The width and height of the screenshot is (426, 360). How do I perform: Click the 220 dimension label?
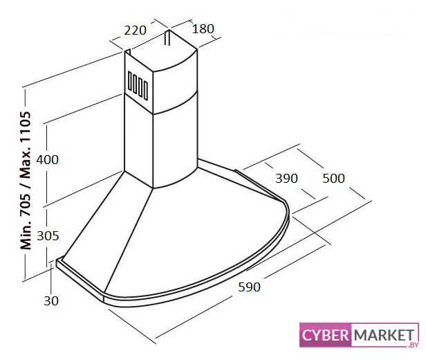[135, 30]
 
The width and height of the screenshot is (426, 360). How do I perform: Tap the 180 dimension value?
[203, 29]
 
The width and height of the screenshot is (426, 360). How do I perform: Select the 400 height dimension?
[47, 160]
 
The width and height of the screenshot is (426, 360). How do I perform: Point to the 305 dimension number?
[48, 236]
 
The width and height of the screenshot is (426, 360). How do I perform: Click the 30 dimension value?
[51, 300]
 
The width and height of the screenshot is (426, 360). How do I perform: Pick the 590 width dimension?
[249, 287]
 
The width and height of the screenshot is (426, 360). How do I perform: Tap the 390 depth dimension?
[286, 179]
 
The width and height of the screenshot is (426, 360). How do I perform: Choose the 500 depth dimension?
[333, 179]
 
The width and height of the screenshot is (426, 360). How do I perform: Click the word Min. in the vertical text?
[26, 235]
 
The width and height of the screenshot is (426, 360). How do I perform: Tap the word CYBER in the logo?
[325, 335]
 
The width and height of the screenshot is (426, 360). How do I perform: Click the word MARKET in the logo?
[385, 335]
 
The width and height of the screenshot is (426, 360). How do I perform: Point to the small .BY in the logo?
[413, 345]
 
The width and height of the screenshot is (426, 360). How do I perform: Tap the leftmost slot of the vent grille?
[130, 81]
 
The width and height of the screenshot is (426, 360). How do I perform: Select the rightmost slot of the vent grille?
[146, 91]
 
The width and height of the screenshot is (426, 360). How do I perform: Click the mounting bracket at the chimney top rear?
[167, 37]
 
